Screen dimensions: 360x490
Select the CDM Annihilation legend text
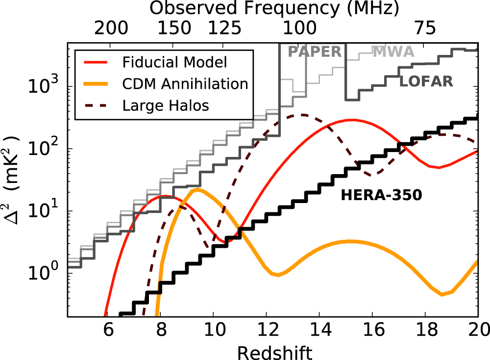[x=185, y=84]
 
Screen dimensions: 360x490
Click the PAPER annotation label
[x=314, y=51]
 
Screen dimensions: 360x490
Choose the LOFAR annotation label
[x=426, y=81]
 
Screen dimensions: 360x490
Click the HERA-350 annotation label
[x=382, y=195]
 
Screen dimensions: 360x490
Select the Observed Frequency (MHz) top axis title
[x=274, y=8]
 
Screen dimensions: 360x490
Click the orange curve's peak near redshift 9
[x=196, y=189]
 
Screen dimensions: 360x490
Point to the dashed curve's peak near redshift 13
[x=302, y=115]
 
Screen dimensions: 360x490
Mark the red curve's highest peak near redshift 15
[x=351, y=120]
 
